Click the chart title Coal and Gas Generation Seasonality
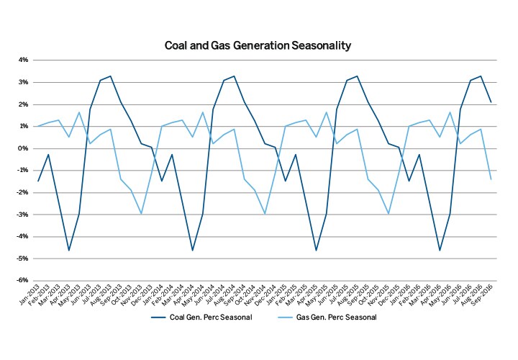[x=258, y=45]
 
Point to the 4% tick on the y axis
[x=23, y=60]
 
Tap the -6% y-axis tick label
[x=22, y=280]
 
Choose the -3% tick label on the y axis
[x=22, y=215]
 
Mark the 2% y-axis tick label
[x=23, y=104]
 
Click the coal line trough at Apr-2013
[x=69, y=251]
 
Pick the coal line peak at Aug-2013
[x=110, y=76]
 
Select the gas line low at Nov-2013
[x=141, y=214]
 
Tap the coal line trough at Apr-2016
[x=440, y=251]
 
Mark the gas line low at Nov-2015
[x=388, y=214]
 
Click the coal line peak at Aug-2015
[x=357, y=76]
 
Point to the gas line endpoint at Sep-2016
[x=491, y=179]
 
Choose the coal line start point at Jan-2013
[x=38, y=181]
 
